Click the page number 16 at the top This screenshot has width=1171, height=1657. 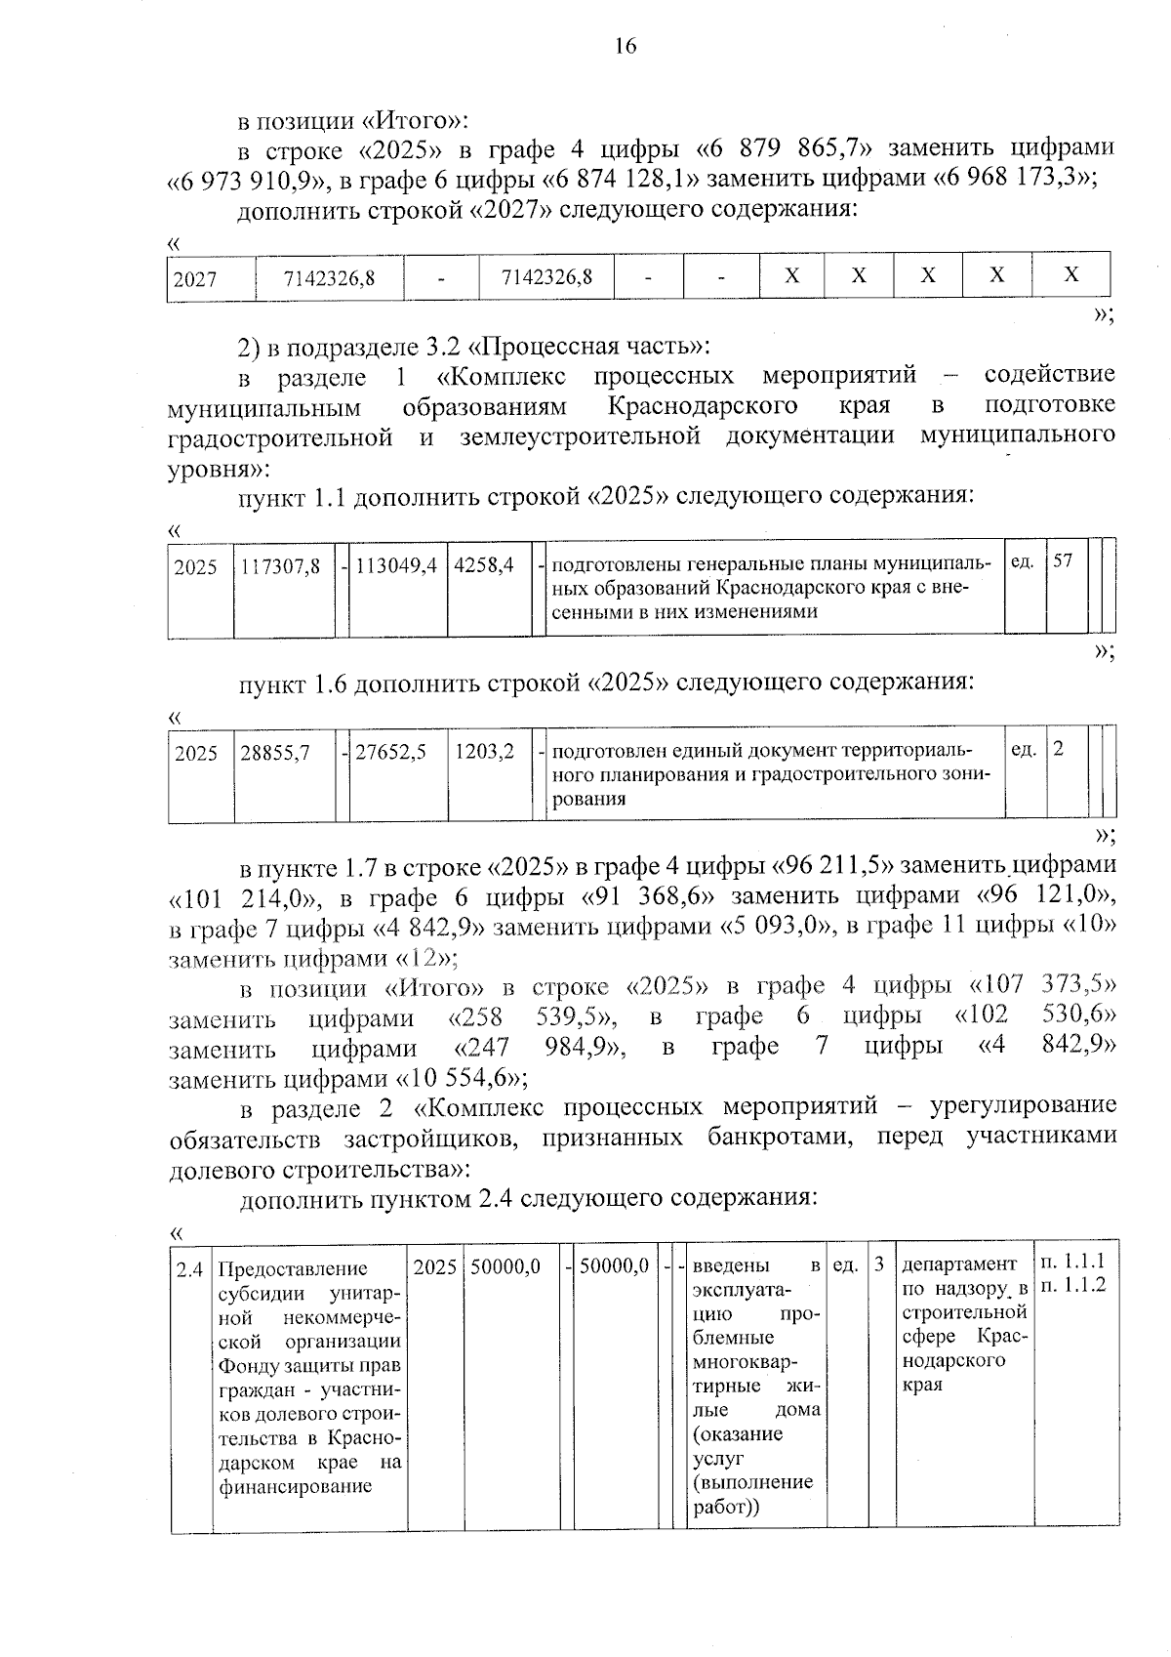626,46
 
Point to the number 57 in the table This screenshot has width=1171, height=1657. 1063,561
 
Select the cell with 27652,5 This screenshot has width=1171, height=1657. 390,753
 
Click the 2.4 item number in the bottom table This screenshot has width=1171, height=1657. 189,1268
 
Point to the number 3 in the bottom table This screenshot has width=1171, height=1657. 879,1264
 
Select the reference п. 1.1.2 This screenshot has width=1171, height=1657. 1073,1285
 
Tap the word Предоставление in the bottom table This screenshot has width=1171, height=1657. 293,1269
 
